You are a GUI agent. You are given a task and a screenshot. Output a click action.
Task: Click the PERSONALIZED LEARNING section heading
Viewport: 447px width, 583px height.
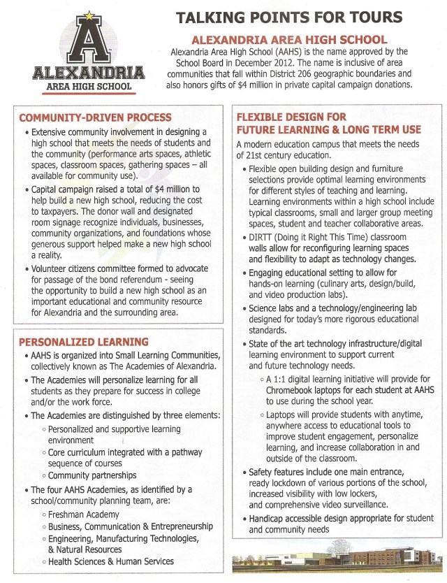83,342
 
